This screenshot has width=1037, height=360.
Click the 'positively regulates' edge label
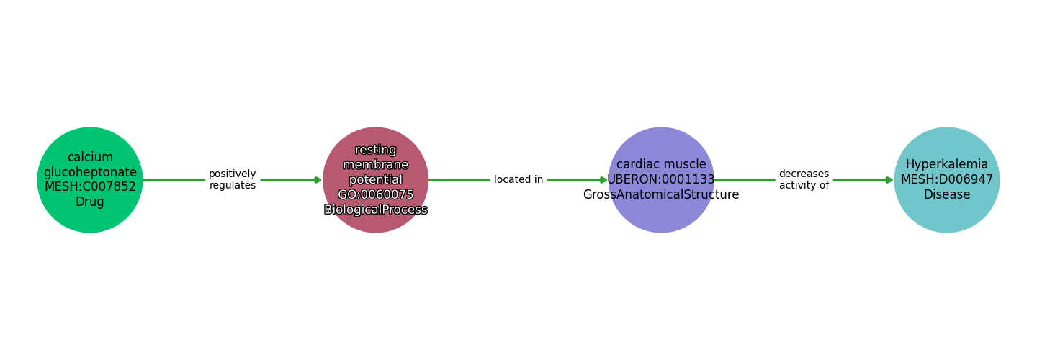click(x=232, y=180)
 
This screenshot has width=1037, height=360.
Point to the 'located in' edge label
click(x=518, y=180)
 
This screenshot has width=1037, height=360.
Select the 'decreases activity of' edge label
click(x=804, y=180)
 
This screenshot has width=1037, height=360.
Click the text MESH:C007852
click(x=90, y=187)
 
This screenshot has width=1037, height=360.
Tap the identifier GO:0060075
click(x=375, y=195)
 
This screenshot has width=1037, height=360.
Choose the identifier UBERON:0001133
click(x=661, y=180)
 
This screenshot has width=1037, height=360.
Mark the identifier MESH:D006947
click(x=946, y=180)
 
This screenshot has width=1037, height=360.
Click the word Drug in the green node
click(x=90, y=202)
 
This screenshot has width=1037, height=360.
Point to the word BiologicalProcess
click(x=375, y=210)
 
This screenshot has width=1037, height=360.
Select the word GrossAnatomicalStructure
click(x=661, y=195)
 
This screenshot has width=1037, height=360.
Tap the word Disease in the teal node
click(x=946, y=195)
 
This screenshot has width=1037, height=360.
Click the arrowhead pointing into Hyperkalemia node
click(x=890, y=180)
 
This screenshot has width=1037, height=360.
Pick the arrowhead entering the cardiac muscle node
click(x=604, y=180)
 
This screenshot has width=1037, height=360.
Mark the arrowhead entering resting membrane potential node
click(x=318, y=180)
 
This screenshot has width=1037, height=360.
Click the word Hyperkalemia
click(x=946, y=165)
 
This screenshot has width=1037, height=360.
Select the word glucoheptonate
click(x=90, y=172)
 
